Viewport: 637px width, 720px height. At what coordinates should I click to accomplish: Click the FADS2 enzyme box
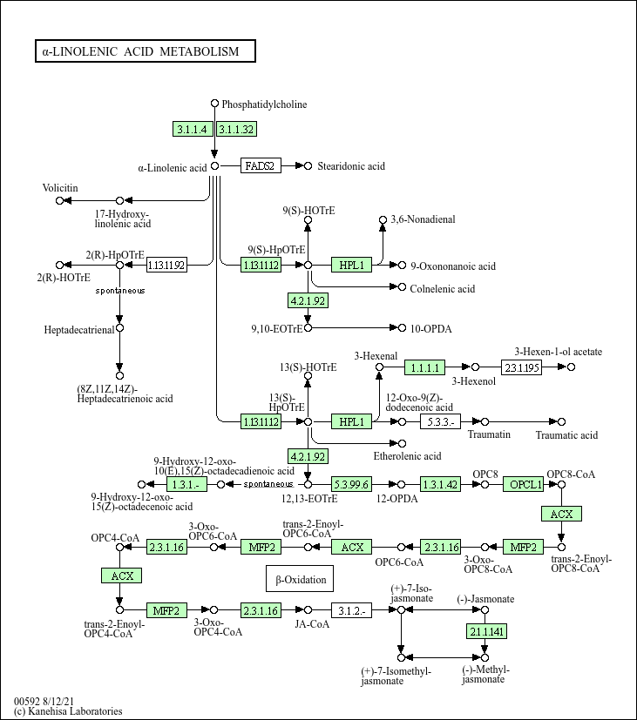(x=261, y=165)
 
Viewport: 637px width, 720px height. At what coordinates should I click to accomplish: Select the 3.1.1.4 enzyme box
(x=193, y=129)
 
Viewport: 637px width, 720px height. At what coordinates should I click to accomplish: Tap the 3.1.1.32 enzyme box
(x=236, y=129)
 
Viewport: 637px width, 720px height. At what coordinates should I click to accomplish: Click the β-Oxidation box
(x=300, y=579)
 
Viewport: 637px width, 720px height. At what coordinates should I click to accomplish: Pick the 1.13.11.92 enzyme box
(x=166, y=265)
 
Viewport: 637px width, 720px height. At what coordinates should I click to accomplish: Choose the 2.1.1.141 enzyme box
(x=487, y=631)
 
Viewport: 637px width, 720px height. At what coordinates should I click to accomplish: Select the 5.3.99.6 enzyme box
(x=351, y=484)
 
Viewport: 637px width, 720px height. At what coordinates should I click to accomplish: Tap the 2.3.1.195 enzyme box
(x=521, y=367)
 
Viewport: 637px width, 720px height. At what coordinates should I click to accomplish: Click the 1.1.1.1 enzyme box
(x=424, y=367)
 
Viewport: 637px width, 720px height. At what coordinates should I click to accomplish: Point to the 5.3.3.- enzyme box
(x=440, y=421)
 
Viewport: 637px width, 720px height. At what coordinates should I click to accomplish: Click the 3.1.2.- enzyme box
(x=351, y=610)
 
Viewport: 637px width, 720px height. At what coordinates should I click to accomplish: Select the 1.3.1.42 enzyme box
(x=440, y=484)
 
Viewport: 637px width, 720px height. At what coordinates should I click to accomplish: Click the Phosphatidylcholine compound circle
(x=214, y=104)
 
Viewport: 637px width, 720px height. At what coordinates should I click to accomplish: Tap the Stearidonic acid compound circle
(x=308, y=165)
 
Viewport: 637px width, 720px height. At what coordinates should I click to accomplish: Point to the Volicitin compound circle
(x=59, y=200)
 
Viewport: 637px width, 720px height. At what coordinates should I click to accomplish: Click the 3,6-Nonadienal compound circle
(x=383, y=220)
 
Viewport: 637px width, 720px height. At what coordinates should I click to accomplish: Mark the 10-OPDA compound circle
(x=402, y=328)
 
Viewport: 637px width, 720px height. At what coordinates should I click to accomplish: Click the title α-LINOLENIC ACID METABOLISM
(x=140, y=51)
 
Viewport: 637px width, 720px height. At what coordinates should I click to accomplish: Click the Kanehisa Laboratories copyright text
(x=68, y=711)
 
